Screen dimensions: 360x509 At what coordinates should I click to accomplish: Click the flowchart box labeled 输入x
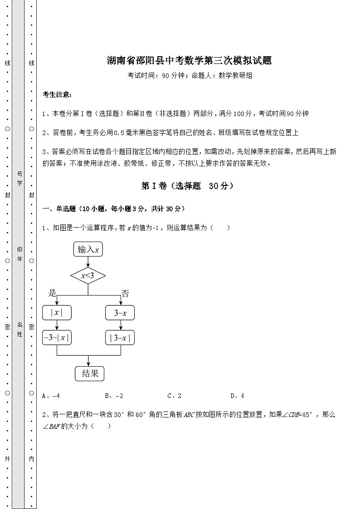click(88, 249)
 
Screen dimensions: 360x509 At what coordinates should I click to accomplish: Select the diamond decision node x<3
click(88, 275)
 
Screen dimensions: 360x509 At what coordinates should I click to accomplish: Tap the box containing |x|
click(57, 313)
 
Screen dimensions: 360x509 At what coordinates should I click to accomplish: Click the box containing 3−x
click(120, 313)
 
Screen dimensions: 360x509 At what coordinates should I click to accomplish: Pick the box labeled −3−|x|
click(57, 338)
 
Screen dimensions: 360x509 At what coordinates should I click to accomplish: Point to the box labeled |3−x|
click(120, 338)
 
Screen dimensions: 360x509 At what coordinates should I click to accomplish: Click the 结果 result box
click(89, 373)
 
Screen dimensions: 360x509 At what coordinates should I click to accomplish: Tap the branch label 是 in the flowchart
click(53, 293)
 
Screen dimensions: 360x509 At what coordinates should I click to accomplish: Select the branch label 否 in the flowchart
click(125, 293)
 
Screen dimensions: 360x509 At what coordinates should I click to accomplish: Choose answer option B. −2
click(114, 396)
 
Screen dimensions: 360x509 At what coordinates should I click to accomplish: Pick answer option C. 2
click(175, 396)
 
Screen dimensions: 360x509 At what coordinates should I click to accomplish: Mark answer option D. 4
click(237, 396)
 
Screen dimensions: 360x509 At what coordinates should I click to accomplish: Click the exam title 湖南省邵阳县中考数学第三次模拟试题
click(189, 61)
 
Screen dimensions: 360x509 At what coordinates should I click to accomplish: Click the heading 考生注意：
click(57, 95)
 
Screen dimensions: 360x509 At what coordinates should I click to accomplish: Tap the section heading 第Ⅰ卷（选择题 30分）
click(187, 186)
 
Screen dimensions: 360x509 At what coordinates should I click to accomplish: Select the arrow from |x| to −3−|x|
click(57, 325)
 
